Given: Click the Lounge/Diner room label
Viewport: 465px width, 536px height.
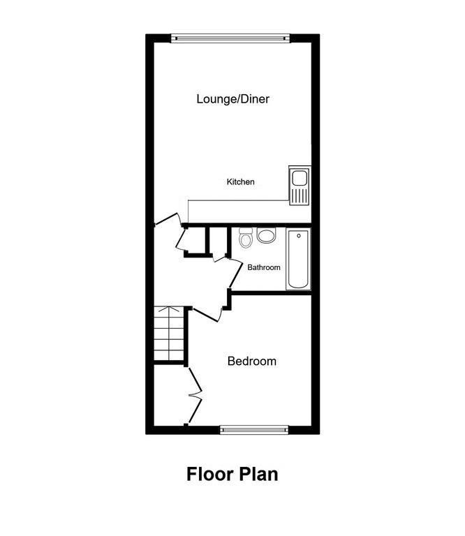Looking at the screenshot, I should point(232,99).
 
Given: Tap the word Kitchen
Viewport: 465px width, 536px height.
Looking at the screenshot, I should point(240,182).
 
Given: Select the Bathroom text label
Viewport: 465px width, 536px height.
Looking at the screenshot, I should point(263,267).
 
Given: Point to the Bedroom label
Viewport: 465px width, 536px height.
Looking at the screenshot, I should point(251,361).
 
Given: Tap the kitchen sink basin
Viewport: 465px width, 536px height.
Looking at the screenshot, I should point(300,177).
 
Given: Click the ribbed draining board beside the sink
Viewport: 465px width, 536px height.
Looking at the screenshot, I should point(300,195).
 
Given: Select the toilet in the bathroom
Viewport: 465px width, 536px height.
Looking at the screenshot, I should point(244,239).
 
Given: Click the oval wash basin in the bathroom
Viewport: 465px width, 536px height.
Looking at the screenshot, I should point(266,236).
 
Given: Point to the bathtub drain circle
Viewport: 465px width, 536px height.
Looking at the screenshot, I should point(298,236).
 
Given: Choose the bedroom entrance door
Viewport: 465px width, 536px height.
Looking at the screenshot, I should point(207,312).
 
